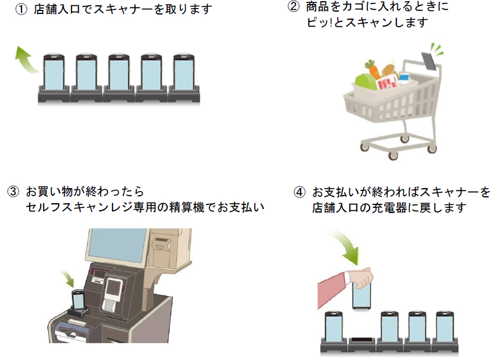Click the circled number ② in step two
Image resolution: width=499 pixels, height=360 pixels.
coord(294,8)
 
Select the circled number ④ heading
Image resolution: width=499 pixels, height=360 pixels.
coord(299,192)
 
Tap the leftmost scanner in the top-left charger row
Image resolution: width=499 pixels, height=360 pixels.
coord(53,74)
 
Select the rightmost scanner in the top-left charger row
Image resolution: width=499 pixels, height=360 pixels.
coord(185,74)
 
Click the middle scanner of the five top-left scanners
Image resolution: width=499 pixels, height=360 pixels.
coord(119,74)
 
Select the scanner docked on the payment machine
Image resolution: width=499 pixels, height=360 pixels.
coord(78,302)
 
